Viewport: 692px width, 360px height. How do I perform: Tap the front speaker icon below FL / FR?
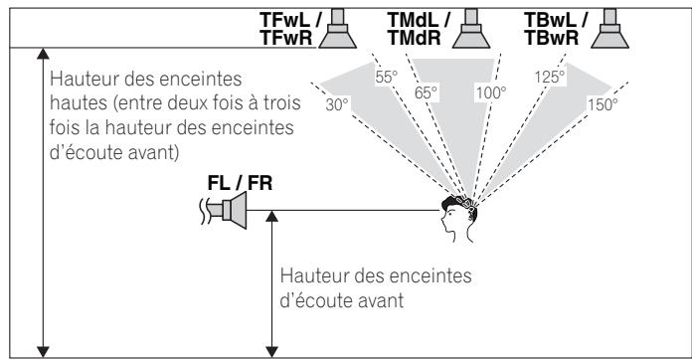227,211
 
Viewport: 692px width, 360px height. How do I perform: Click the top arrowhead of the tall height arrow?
42,56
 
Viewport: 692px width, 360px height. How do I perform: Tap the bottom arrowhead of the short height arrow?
270,348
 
